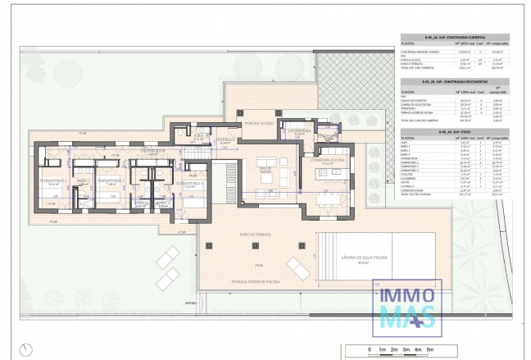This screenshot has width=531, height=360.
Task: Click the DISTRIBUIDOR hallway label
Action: (153, 151)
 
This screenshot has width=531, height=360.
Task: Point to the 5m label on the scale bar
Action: (429, 350)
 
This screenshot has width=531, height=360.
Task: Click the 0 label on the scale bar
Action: (370, 350)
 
